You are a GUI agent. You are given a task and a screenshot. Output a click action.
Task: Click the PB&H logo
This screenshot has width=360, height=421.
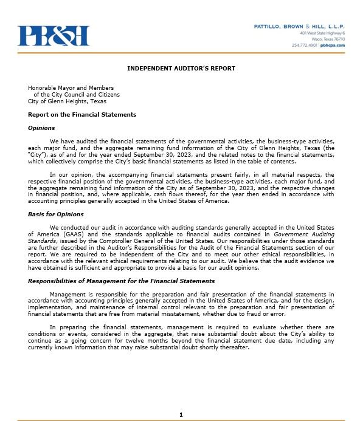54,36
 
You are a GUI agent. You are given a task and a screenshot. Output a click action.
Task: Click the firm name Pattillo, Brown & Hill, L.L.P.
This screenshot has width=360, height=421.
299,27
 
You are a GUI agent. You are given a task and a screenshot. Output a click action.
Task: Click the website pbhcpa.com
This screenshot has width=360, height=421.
333,45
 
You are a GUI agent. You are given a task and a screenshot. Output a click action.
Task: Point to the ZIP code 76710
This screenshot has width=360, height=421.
338,39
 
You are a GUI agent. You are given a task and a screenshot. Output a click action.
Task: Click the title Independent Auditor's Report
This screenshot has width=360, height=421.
181,69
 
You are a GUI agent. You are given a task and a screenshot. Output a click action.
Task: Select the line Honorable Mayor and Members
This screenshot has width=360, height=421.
71,88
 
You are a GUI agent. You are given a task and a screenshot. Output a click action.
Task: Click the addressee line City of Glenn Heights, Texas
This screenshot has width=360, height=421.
67,101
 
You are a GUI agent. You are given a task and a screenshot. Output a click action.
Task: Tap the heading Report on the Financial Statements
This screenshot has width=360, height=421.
82,115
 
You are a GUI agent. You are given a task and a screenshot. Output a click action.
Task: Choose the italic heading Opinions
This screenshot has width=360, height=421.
41,128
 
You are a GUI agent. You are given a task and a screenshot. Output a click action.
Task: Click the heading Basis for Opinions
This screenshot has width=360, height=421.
56,214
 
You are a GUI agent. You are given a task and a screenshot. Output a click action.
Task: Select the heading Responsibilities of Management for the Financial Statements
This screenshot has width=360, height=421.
121,281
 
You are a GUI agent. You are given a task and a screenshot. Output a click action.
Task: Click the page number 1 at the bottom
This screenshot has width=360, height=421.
181,414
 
